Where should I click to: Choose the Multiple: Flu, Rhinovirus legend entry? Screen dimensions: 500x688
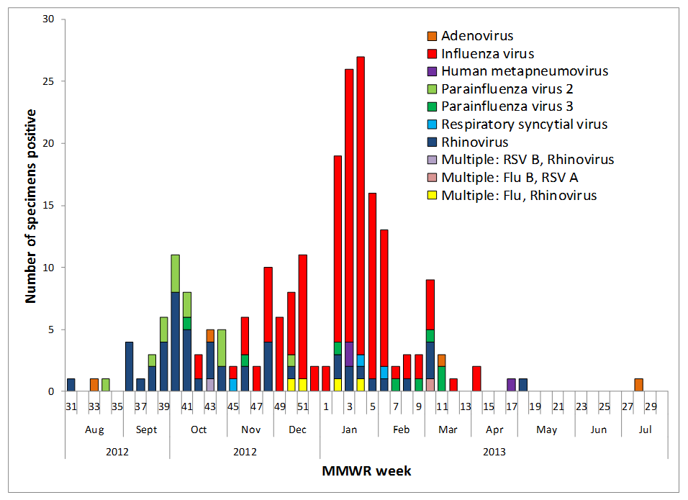(x=519, y=196)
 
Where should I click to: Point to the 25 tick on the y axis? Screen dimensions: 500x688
(x=49, y=81)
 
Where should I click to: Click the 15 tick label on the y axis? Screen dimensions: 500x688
(x=49, y=206)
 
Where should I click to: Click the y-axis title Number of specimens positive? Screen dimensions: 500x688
(x=31, y=206)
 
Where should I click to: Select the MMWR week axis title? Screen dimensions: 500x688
(x=366, y=471)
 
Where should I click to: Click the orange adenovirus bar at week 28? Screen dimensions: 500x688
(x=639, y=385)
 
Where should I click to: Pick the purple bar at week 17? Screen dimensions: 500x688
(x=511, y=385)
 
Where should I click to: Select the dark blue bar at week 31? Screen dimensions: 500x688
(x=71, y=385)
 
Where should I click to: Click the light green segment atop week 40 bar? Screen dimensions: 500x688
(x=175, y=273)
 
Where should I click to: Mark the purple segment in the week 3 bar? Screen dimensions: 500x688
(x=349, y=354)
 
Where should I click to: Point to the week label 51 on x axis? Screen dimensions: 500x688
(x=302, y=406)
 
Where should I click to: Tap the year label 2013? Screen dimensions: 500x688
(x=494, y=452)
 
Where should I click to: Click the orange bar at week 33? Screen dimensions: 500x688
(x=94, y=385)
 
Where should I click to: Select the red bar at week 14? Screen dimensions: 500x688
(x=476, y=379)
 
